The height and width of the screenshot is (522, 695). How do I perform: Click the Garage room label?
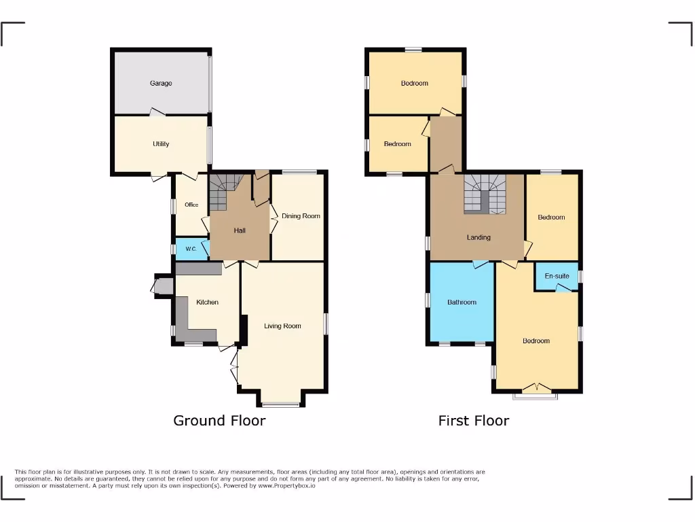(161, 84)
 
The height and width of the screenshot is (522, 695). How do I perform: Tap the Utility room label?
(161, 144)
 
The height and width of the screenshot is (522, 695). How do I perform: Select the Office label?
(191, 205)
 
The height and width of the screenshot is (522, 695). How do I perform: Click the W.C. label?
(191, 249)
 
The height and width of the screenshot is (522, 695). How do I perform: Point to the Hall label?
(240, 230)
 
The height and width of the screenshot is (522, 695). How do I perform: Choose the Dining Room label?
(301, 216)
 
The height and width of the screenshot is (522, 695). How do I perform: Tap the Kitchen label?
(207, 302)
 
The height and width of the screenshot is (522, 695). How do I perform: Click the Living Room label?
(282, 326)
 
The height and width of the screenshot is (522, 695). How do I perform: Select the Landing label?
(478, 237)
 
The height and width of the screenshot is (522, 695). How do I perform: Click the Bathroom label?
(462, 302)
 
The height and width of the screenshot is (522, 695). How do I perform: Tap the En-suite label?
(557, 276)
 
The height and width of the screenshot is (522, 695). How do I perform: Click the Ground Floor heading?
(219, 420)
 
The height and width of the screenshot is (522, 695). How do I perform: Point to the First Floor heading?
(474, 420)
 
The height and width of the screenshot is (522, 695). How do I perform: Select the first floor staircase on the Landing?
(485, 194)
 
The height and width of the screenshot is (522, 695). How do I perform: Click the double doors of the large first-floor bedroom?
(536, 388)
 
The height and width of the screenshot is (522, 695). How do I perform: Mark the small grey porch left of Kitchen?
(164, 286)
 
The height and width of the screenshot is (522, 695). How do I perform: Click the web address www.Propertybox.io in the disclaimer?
(286, 486)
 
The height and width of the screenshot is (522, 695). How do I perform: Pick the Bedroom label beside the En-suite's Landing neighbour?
(551, 217)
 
